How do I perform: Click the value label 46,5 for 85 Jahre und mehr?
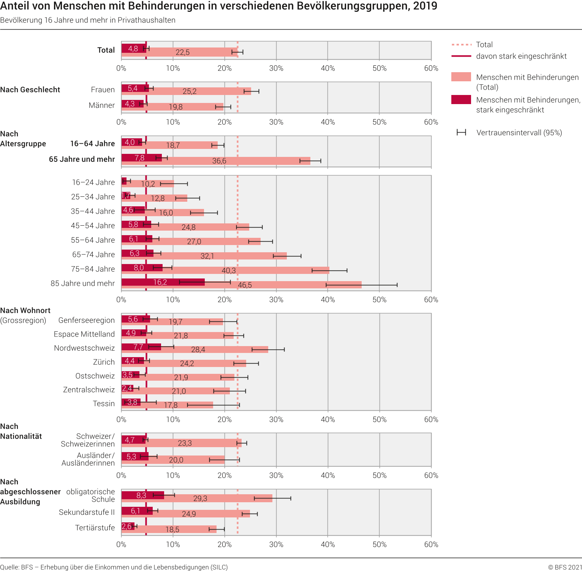(x=245, y=285)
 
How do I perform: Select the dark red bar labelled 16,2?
(x=163, y=282)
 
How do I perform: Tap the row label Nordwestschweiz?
(x=84, y=348)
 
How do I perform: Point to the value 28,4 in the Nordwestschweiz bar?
(x=198, y=350)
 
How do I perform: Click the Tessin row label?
(x=104, y=403)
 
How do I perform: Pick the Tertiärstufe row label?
(x=95, y=528)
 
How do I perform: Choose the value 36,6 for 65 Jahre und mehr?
(x=219, y=161)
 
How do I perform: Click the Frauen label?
(x=103, y=90)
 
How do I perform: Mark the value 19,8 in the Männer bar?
(x=176, y=107)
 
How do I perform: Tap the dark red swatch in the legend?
(x=461, y=100)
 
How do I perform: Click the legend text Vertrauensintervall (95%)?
(x=519, y=133)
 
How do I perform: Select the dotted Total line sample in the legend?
(x=461, y=45)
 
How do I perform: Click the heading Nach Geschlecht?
(x=30, y=90)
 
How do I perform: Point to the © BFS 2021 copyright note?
(x=565, y=567)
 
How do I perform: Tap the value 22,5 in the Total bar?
(x=182, y=52)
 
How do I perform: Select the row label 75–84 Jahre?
(x=93, y=269)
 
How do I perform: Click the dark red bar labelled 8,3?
(x=142, y=495)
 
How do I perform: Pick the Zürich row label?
(x=104, y=362)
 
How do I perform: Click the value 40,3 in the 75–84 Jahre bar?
(x=229, y=270)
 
